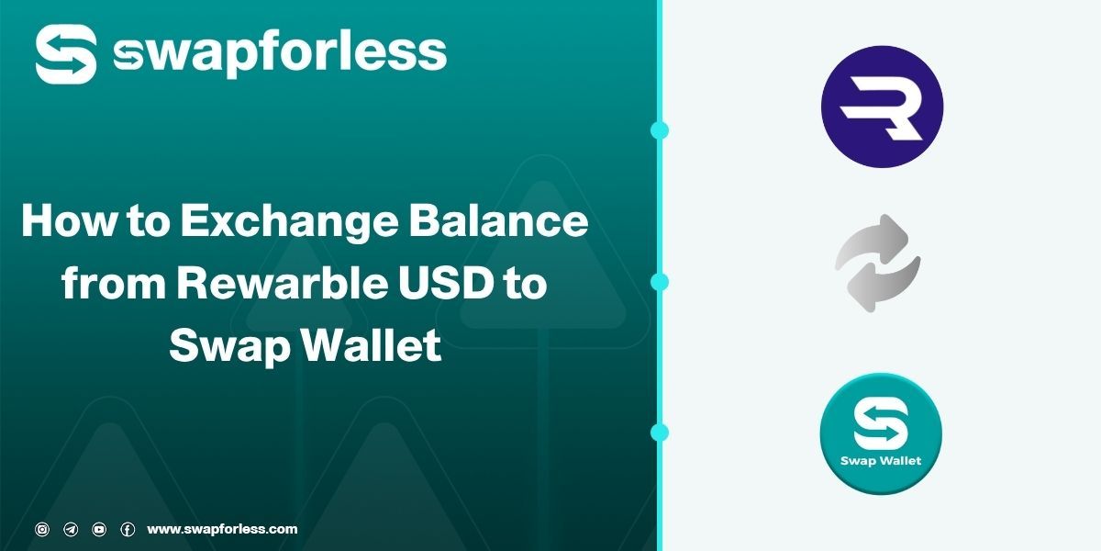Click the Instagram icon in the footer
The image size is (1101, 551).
coord(42,529)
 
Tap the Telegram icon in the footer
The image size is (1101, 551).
coord(71,529)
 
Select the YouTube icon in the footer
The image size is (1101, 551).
coord(99,529)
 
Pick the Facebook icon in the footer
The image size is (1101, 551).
coord(128,529)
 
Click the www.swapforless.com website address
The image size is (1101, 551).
coord(222,529)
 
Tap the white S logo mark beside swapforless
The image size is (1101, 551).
coord(66,53)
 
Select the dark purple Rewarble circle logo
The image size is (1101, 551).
coord(882,107)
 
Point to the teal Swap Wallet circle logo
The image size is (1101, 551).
coord(881,433)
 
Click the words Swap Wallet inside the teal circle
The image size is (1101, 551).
coord(881,460)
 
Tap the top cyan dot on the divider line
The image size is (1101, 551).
coord(659,130)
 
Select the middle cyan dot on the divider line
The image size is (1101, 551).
coord(659,281)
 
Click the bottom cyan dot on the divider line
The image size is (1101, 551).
coord(659,432)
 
